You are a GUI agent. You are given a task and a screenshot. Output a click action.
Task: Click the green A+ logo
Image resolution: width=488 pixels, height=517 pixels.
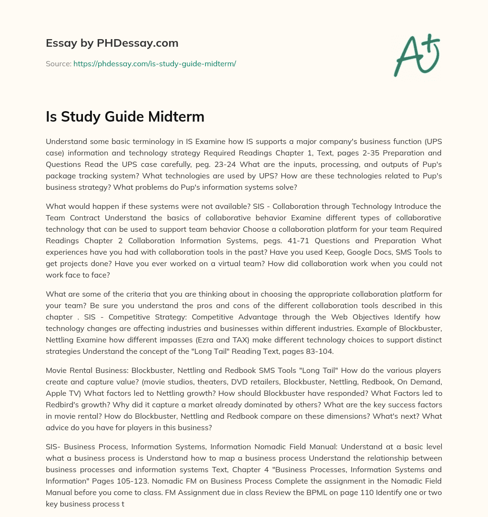point(416,54)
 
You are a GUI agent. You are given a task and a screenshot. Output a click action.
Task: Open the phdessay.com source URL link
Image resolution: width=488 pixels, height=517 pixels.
point(154,63)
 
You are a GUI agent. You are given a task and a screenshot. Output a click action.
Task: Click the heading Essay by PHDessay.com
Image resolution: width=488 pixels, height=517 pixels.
point(112,43)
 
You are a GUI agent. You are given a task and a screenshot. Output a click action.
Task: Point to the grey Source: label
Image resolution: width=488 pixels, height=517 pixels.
point(59,63)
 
